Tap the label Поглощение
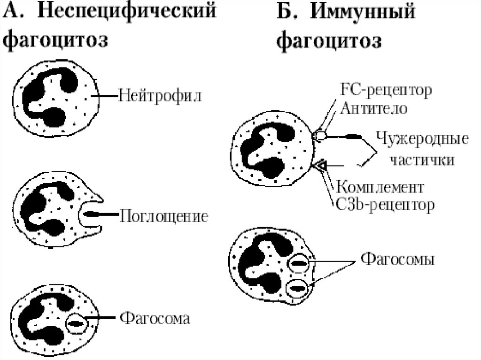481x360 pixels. click(164, 216)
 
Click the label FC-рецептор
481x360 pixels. click(384, 90)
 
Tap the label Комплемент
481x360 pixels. click(380, 187)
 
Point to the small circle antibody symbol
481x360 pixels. click(320, 135)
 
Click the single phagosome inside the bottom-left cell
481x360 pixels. click(76, 322)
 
